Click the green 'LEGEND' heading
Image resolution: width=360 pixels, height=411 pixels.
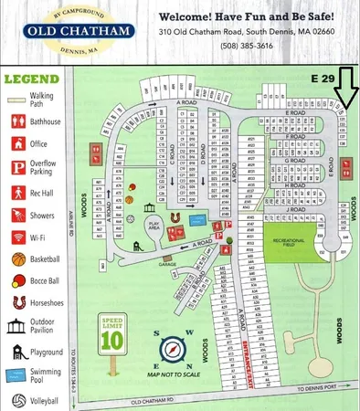tap(31, 79)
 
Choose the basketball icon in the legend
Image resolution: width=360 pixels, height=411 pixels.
tap(17, 259)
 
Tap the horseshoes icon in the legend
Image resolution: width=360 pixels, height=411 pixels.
tap(17, 302)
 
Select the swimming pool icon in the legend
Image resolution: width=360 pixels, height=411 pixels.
tap(17, 375)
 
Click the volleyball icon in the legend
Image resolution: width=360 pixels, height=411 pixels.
tap(17, 399)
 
